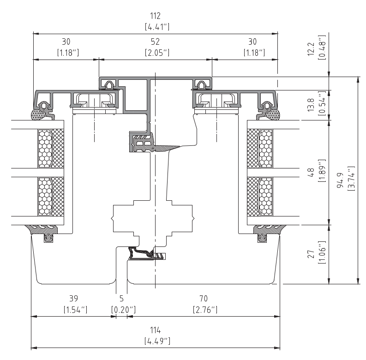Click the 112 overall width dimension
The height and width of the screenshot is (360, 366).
155,16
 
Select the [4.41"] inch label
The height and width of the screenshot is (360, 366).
157,27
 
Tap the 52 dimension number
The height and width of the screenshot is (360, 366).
155,42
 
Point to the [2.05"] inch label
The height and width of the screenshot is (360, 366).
157,53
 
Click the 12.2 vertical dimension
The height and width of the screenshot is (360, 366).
311,49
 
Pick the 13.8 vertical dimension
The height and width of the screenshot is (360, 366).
311,105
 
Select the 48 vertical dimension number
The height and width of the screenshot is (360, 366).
311,172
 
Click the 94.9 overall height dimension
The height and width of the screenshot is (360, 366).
341,180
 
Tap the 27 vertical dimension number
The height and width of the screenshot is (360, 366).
311,254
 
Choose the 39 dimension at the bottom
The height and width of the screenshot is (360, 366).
74,298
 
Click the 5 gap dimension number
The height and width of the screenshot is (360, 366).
121,298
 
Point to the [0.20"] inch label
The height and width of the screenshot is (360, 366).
123,310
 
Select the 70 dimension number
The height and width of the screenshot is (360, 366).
204,298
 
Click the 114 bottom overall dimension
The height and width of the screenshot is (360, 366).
155,330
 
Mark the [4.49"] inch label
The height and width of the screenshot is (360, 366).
157,341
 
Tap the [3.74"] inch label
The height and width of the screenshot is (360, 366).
351,178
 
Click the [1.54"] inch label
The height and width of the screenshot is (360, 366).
75,310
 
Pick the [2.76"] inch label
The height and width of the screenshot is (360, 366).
205,310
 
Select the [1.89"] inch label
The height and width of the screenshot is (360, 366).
322,171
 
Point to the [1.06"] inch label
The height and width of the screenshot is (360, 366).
322,252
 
